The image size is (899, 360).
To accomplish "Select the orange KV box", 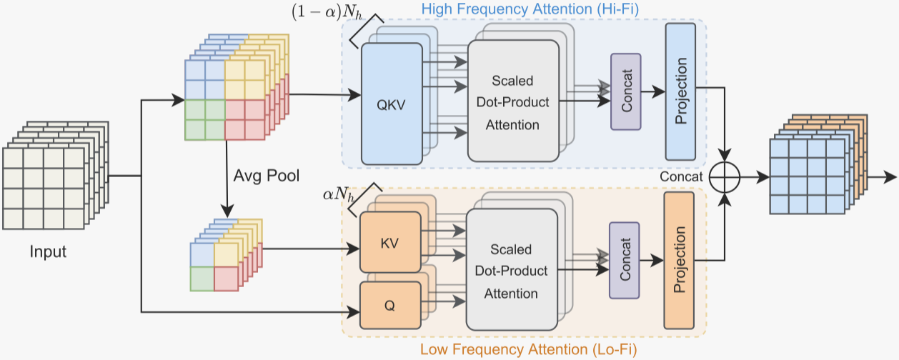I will tap(390, 242).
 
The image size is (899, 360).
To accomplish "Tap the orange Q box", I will tap(389, 306).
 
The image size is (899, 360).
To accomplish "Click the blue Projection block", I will tap(680, 91).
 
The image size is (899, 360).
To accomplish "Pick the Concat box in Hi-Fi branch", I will tap(626, 91).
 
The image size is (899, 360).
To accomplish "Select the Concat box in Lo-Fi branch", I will tap(625, 260).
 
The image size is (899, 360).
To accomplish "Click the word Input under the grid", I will tap(48, 251).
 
